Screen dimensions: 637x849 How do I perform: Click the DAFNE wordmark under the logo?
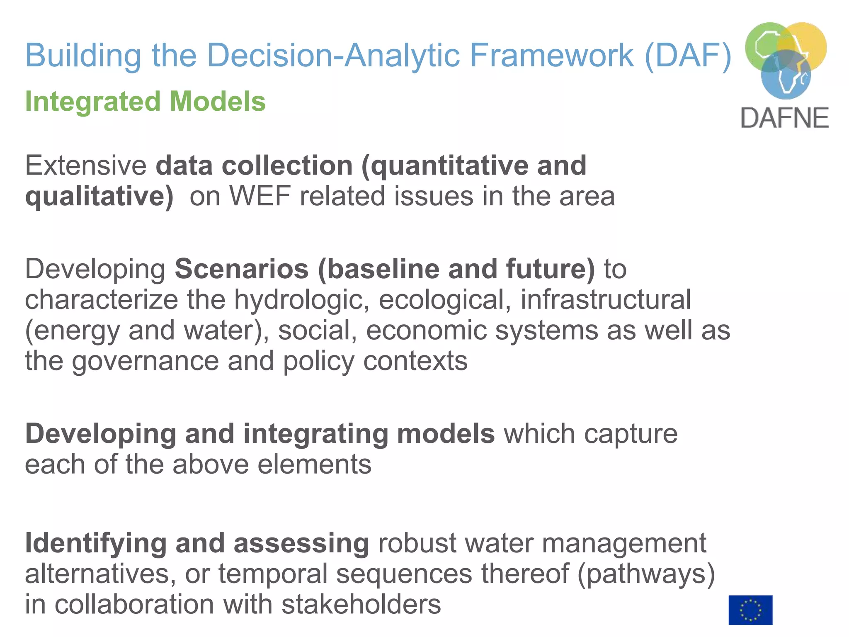coord(784,118)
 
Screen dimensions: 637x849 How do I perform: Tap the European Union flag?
coord(750,610)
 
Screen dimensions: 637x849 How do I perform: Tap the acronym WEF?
coord(260,196)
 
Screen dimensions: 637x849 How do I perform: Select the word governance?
coord(145,361)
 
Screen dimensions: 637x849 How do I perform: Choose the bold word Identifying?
coord(96,543)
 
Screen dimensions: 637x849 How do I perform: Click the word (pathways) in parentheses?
coord(646,574)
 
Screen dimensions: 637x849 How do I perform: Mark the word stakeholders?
coord(361,604)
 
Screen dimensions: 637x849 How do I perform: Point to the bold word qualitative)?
coord(99,196)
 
